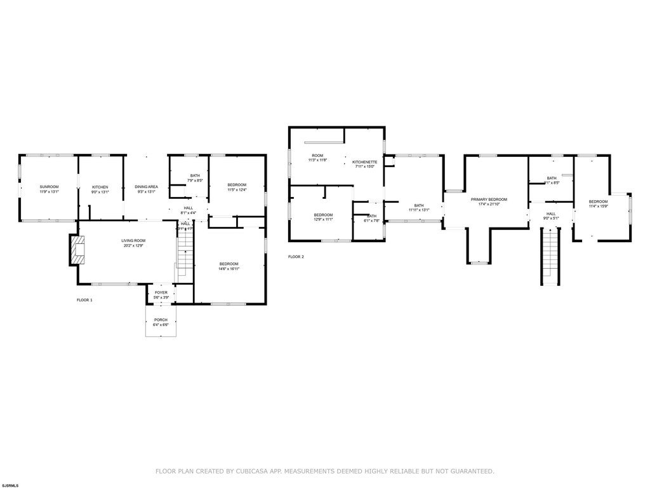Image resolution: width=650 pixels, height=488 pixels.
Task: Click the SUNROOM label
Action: (x=49, y=187)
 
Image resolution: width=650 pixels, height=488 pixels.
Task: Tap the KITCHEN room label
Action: (x=100, y=187)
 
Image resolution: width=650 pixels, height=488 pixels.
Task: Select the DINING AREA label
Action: (x=146, y=187)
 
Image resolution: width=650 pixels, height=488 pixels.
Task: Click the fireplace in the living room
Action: (x=77, y=250)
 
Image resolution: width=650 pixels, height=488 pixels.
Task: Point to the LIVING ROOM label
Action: (x=134, y=240)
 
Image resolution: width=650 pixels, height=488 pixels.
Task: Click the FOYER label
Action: (x=161, y=292)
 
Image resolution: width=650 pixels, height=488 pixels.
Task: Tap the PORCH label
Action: (x=161, y=320)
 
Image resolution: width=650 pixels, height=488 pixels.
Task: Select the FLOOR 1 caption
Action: (x=84, y=299)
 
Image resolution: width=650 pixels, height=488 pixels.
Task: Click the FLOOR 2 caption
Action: (x=296, y=257)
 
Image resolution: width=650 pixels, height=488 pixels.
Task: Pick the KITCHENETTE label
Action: (x=365, y=162)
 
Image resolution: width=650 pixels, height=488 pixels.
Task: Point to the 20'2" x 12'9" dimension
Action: (x=134, y=245)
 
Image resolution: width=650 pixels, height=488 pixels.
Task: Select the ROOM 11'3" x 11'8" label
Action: (x=317, y=158)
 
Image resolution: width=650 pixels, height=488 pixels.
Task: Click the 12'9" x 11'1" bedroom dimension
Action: (x=323, y=220)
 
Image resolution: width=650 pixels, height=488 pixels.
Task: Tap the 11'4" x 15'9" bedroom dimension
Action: (x=599, y=206)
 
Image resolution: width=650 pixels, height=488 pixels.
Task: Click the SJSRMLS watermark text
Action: (x=10, y=484)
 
